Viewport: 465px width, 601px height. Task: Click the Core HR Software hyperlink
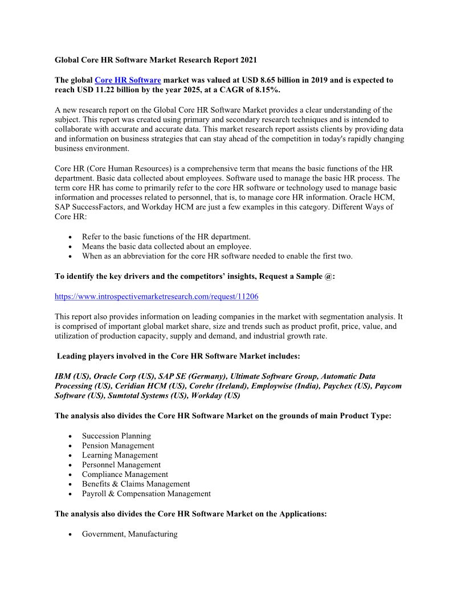tap(128, 80)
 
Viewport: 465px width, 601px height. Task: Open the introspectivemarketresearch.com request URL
tap(157, 297)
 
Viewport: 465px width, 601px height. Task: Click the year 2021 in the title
tap(248, 59)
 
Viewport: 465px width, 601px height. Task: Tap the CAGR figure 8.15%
tap(266, 90)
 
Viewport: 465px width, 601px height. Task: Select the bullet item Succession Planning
tap(116, 436)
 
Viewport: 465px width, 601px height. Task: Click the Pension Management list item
tap(118, 446)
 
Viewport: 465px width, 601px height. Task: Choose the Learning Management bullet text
tap(120, 455)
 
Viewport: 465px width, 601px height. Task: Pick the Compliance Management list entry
tap(125, 474)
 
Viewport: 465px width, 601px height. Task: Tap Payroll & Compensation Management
tap(146, 493)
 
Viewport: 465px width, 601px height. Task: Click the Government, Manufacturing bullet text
tap(129, 534)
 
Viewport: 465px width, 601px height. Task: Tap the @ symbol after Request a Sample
tap(327, 276)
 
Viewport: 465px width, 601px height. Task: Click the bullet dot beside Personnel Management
tap(70, 465)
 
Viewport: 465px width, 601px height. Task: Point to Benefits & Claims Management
tap(136, 484)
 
